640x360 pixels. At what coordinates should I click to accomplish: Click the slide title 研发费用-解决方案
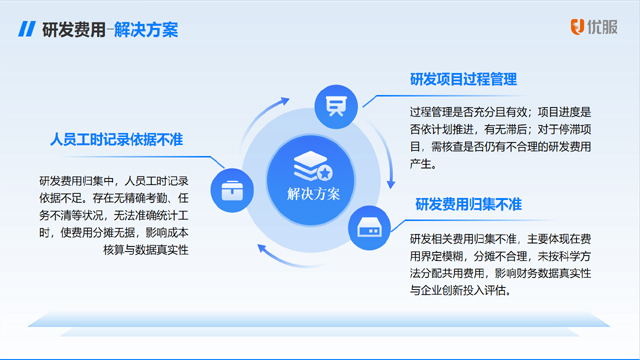pos(110,29)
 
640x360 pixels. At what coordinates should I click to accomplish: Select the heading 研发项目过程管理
pos(462,79)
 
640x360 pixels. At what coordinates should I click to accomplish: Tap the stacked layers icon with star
pos(312,162)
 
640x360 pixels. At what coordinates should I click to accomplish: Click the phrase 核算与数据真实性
pos(146,249)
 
